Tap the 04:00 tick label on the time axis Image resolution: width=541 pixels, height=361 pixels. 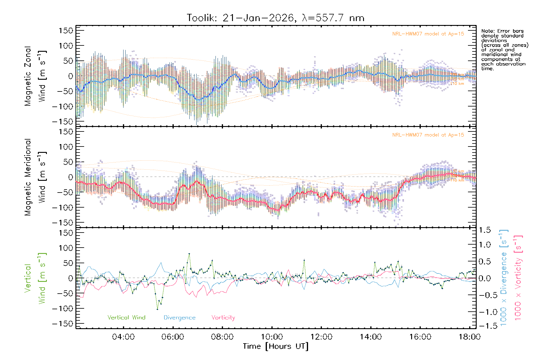tap(123, 337)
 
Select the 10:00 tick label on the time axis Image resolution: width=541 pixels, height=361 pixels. tap(272, 337)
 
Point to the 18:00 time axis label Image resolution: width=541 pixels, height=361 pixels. tap(469, 337)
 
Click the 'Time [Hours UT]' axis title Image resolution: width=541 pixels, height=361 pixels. tap(276, 346)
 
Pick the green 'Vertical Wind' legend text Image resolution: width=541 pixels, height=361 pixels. tap(126, 318)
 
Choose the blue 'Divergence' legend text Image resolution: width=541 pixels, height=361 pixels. tap(179, 318)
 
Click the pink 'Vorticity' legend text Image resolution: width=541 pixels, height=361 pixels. tap(223, 318)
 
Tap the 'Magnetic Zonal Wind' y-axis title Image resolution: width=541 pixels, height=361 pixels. tap(35, 76)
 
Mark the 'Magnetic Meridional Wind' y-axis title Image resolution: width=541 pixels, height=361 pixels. tap(35, 177)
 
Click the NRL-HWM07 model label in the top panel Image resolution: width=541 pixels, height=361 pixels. tap(428, 34)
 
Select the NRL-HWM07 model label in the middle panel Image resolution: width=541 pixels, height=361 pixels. tap(428, 135)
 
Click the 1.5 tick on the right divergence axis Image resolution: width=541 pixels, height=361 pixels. tap(484, 230)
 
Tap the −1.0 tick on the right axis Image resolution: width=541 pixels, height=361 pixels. tap(484, 312)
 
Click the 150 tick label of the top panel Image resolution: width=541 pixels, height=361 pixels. tap(66, 31)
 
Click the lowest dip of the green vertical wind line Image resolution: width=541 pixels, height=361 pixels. tap(157, 309)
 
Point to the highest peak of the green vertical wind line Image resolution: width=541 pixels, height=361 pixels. tap(189, 254)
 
